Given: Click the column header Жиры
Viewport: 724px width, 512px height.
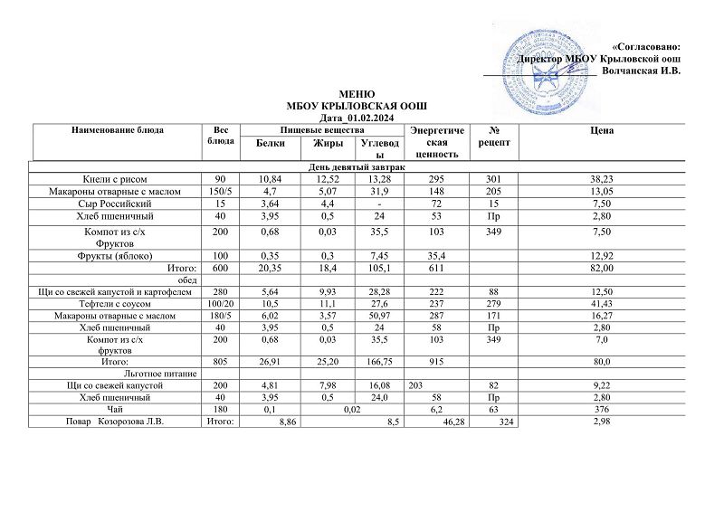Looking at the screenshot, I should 327,144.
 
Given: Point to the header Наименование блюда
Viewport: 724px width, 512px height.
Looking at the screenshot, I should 118,131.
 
